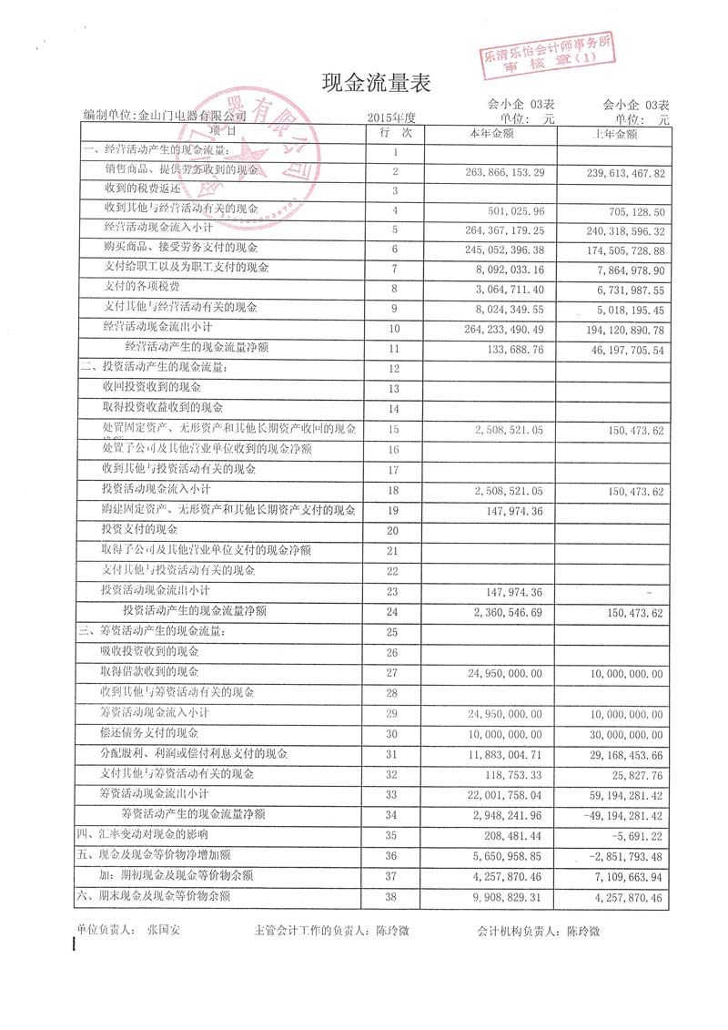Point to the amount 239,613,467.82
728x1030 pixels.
coord(616,172)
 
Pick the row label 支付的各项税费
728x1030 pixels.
coord(136,286)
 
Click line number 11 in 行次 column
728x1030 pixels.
coord(393,349)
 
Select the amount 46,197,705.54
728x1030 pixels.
coord(620,349)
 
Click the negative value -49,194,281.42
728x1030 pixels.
coord(618,814)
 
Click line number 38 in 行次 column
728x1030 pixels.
coord(393,898)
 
